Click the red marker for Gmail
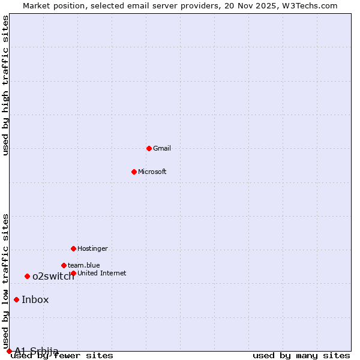149,148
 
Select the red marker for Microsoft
134,172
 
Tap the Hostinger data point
73,248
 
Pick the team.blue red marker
64,265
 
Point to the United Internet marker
73,273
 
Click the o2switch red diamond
27,276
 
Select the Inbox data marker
16,300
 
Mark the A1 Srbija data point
9,351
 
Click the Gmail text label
162,148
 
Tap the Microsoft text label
152,172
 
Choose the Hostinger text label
92,248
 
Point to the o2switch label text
53,276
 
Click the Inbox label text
35,300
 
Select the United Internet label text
102,273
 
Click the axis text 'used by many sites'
301,355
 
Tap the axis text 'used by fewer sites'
62,355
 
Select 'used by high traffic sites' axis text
5,85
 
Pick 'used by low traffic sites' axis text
5,281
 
